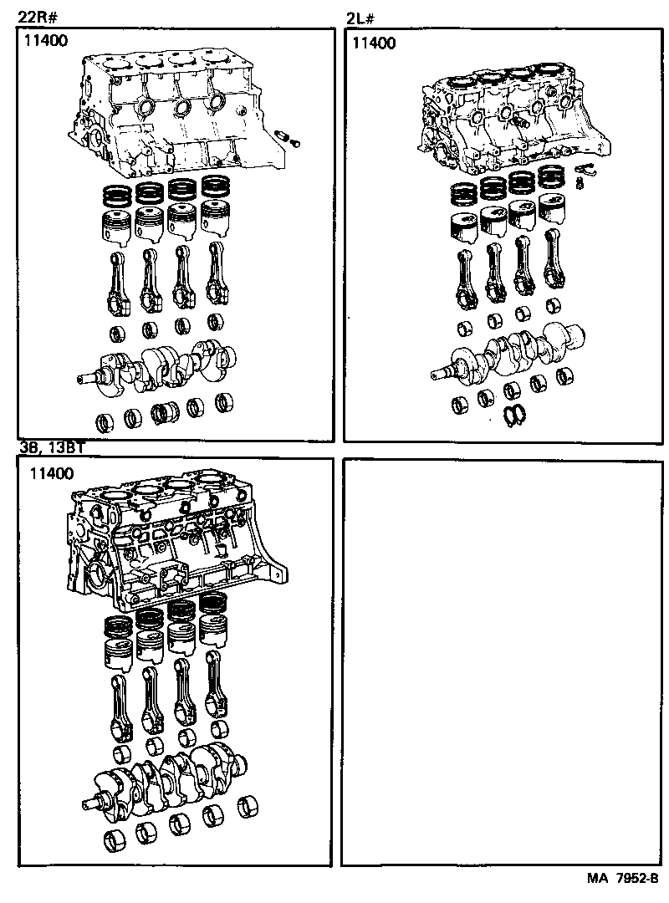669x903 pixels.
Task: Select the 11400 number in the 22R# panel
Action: tap(46, 39)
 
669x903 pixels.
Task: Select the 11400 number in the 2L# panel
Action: tap(374, 43)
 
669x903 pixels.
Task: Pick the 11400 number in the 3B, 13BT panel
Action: tap(51, 473)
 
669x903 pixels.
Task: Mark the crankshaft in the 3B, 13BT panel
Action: tap(167, 778)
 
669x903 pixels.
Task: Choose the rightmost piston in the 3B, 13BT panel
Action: tap(215, 638)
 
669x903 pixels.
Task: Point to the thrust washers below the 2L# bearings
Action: tap(516, 415)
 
